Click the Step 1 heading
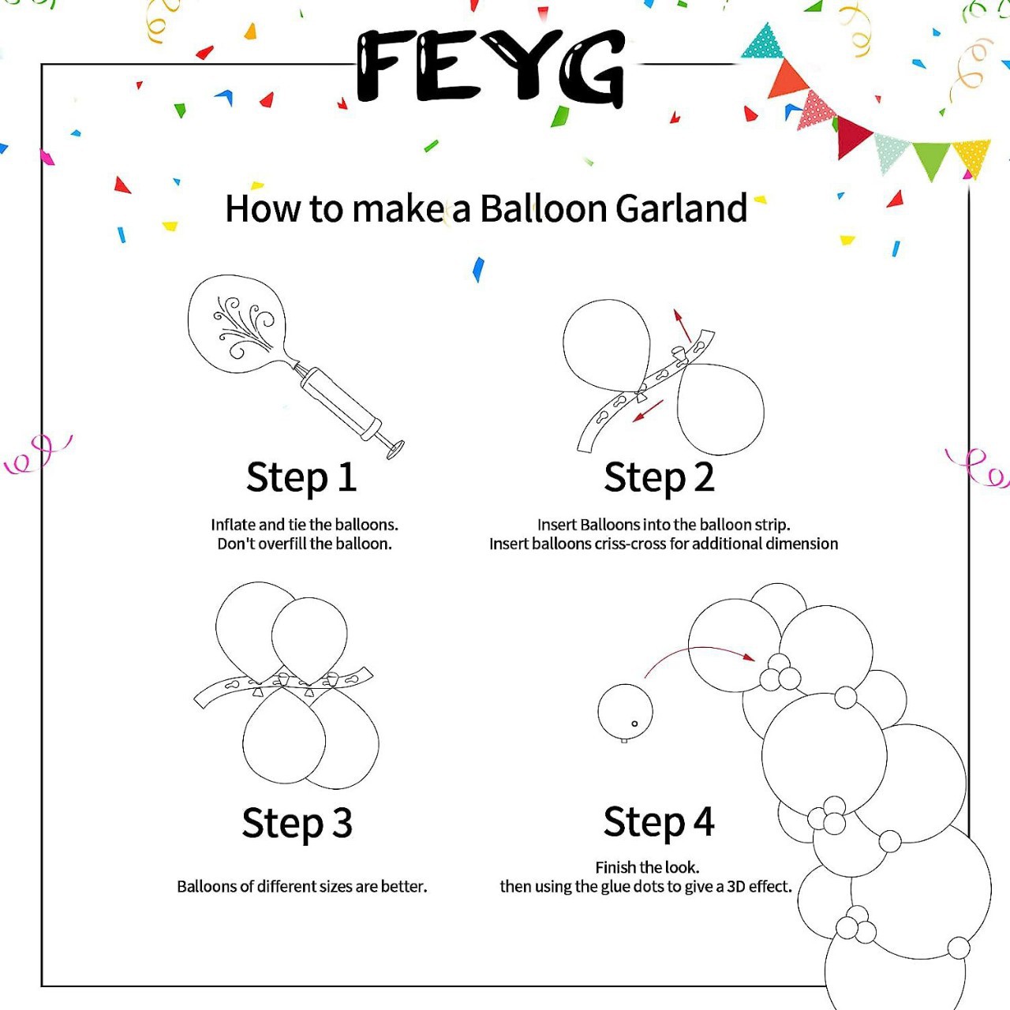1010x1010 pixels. tap(301, 478)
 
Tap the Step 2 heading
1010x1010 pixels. tap(659, 478)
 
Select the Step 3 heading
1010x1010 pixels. tap(297, 823)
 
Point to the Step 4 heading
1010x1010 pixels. tap(659, 822)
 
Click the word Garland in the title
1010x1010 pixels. tap(681, 208)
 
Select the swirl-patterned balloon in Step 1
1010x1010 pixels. tap(238, 324)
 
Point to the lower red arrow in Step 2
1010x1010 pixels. tap(648, 410)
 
